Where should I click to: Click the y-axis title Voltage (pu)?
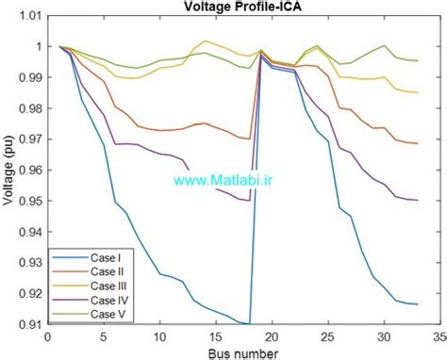(9, 170)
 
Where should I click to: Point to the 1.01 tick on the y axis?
(30, 16)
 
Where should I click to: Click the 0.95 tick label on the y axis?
(30, 201)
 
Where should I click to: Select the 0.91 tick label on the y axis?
(30, 324)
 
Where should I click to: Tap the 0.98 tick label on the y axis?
(30, 108)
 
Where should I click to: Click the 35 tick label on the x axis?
(439, 335)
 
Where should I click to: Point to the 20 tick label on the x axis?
(272, 335)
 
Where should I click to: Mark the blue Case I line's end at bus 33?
(417, 304)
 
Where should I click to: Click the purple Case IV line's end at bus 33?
(417, 200)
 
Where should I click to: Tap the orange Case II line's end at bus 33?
(417, 143)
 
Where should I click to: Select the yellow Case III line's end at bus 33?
(417, 92)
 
